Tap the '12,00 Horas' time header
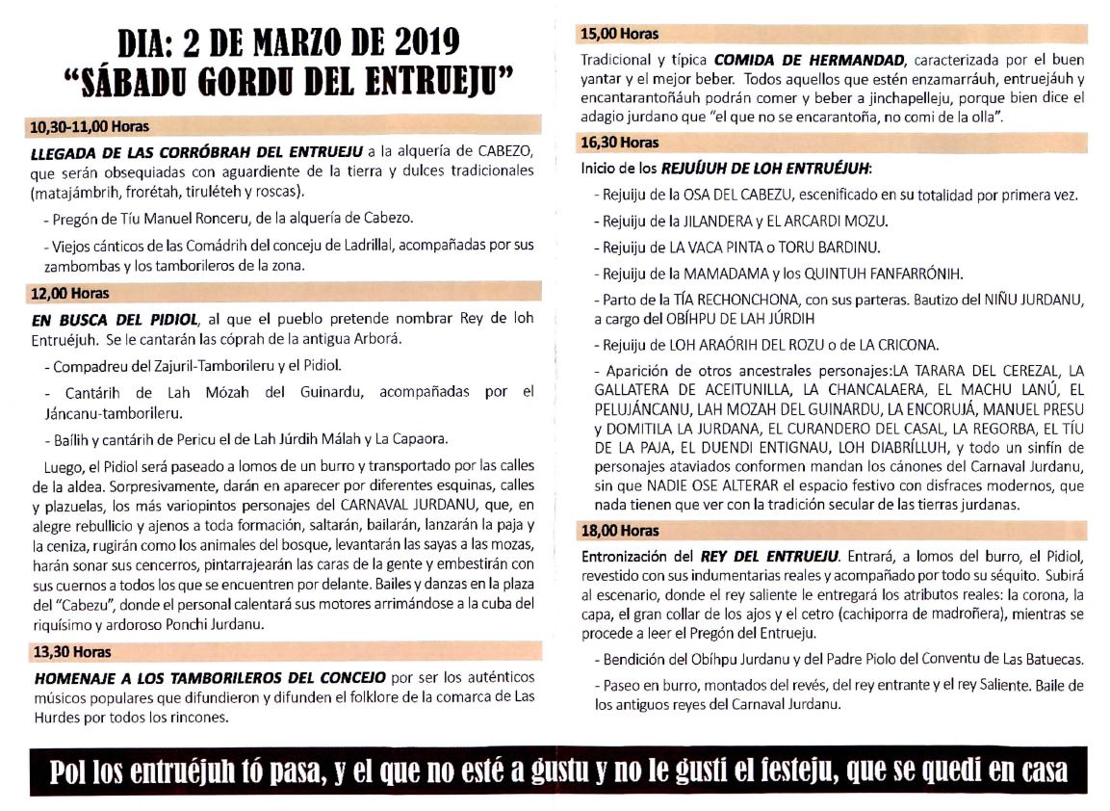pyautogui.click(x=70, y=293)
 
